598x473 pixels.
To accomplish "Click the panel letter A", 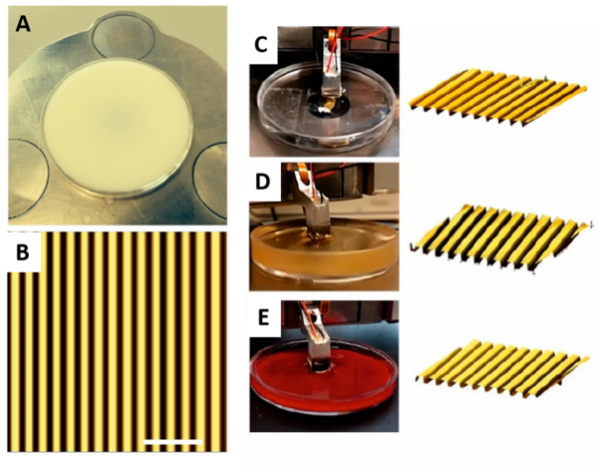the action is [23, 25].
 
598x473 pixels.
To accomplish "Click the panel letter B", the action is [23, 253].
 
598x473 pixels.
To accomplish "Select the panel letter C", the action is [261, 46].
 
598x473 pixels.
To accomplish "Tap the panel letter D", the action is [263, 182].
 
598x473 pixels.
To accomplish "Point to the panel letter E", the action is [263, 318].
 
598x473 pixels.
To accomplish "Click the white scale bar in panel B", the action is [173, 442].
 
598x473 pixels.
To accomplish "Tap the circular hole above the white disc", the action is [124, 35].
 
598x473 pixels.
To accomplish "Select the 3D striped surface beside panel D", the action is [500, 238].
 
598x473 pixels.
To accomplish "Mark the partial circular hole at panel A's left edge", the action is [29, 179].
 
